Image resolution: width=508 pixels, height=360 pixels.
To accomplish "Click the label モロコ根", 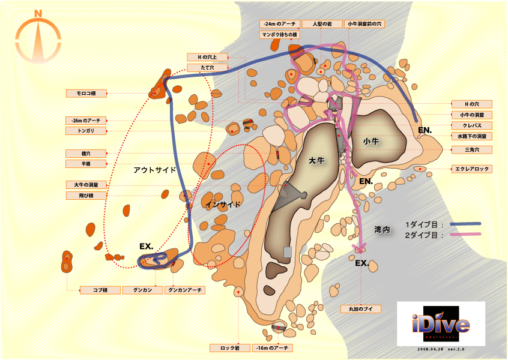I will tap(86, 93).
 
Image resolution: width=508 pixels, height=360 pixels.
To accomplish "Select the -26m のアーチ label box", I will tap(86, 120).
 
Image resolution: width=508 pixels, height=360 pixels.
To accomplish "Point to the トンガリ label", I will tap(86, 130).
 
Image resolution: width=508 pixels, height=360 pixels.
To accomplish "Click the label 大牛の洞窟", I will tap(86, 185).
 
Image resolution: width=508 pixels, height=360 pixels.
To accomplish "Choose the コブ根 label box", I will tap(100, 290).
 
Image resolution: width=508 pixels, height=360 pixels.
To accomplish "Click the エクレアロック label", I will tap(471, 169).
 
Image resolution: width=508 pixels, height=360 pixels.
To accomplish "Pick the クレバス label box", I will tap(471, 125).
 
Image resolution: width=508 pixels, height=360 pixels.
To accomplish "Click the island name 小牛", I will tap(371, 141).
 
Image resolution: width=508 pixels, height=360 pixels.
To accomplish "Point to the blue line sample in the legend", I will tap(465, 224).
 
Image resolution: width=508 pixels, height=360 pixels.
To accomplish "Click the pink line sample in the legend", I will tap(465, 235).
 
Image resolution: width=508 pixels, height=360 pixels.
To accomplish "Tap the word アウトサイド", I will tap(155, 170).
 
